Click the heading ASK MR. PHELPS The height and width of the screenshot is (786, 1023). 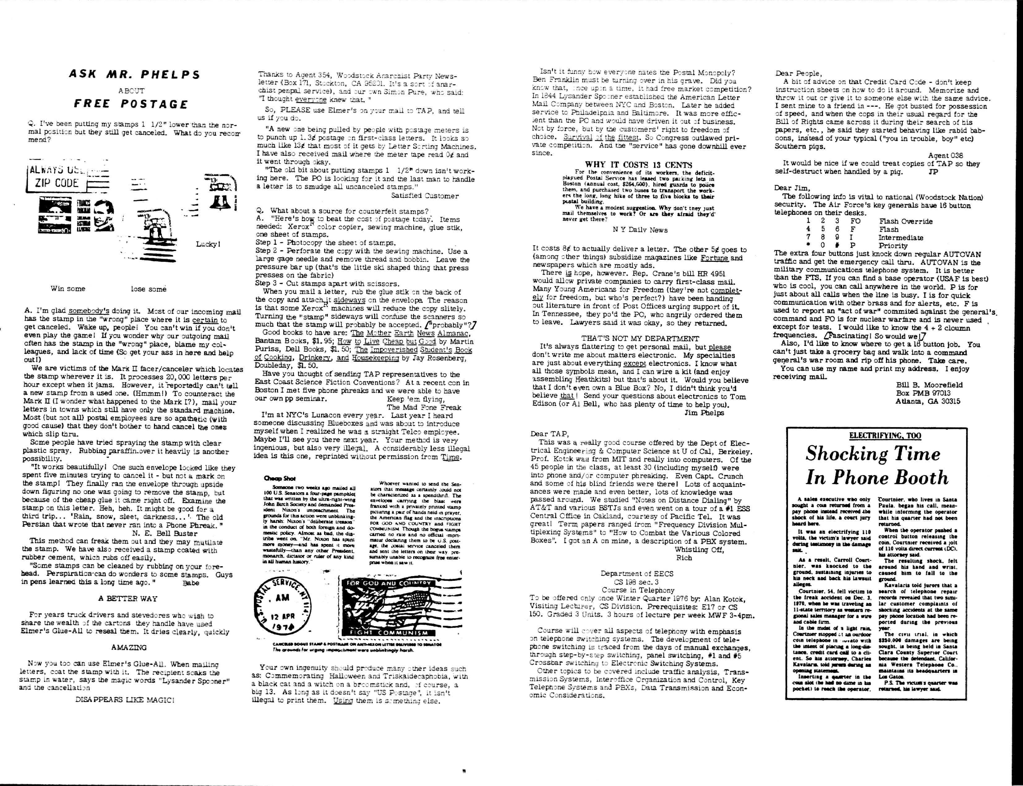click(x=134, y=74)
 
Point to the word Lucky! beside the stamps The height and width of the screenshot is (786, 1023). click(x=208, y=244)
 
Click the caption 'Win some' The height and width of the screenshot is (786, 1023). click(x=68, y=289)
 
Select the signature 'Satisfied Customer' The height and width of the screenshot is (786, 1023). click(x=425, y=196)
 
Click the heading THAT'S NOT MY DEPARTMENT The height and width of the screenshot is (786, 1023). click(x=640, y=338)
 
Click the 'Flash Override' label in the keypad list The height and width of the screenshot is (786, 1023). click(x=905, y=221)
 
